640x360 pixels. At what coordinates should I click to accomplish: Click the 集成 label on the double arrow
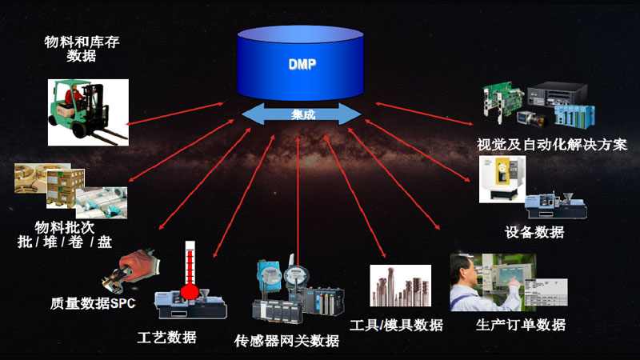(303, 115)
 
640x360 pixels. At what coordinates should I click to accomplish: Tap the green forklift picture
(87, 112)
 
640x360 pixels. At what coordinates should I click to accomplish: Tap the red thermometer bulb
(190, 291)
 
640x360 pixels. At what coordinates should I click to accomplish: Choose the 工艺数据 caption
(166, 337)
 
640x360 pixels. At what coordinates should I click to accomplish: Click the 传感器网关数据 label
(286, 342)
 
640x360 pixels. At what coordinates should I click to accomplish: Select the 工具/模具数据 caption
(397, 325)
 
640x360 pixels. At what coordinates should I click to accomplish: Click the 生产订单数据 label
(521, 325)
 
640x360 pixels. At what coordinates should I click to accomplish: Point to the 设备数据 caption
(534, 232)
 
